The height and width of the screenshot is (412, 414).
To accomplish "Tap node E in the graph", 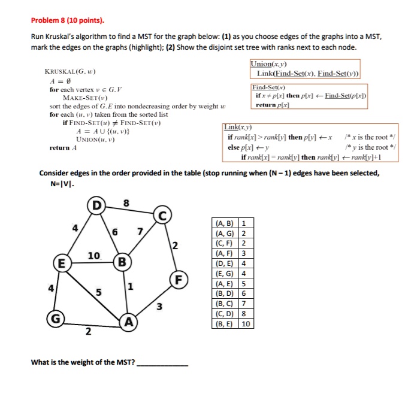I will pos(59,262).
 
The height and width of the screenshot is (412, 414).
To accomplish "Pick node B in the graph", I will pos(122,262).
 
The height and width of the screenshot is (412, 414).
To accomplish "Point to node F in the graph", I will pos(177,279).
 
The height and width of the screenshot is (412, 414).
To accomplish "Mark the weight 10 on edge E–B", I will pos(94,256).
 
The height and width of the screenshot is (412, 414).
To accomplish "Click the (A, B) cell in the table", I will pos(225,224).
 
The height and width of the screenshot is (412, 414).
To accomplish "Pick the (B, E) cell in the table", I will pos(225,324).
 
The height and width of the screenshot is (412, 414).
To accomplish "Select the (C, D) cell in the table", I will pos(225,314).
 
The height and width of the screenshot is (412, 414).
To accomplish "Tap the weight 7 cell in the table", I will pos(244,304).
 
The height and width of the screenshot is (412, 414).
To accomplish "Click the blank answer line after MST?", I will pos(162,363).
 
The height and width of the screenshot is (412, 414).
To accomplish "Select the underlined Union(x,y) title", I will pos(268,63).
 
